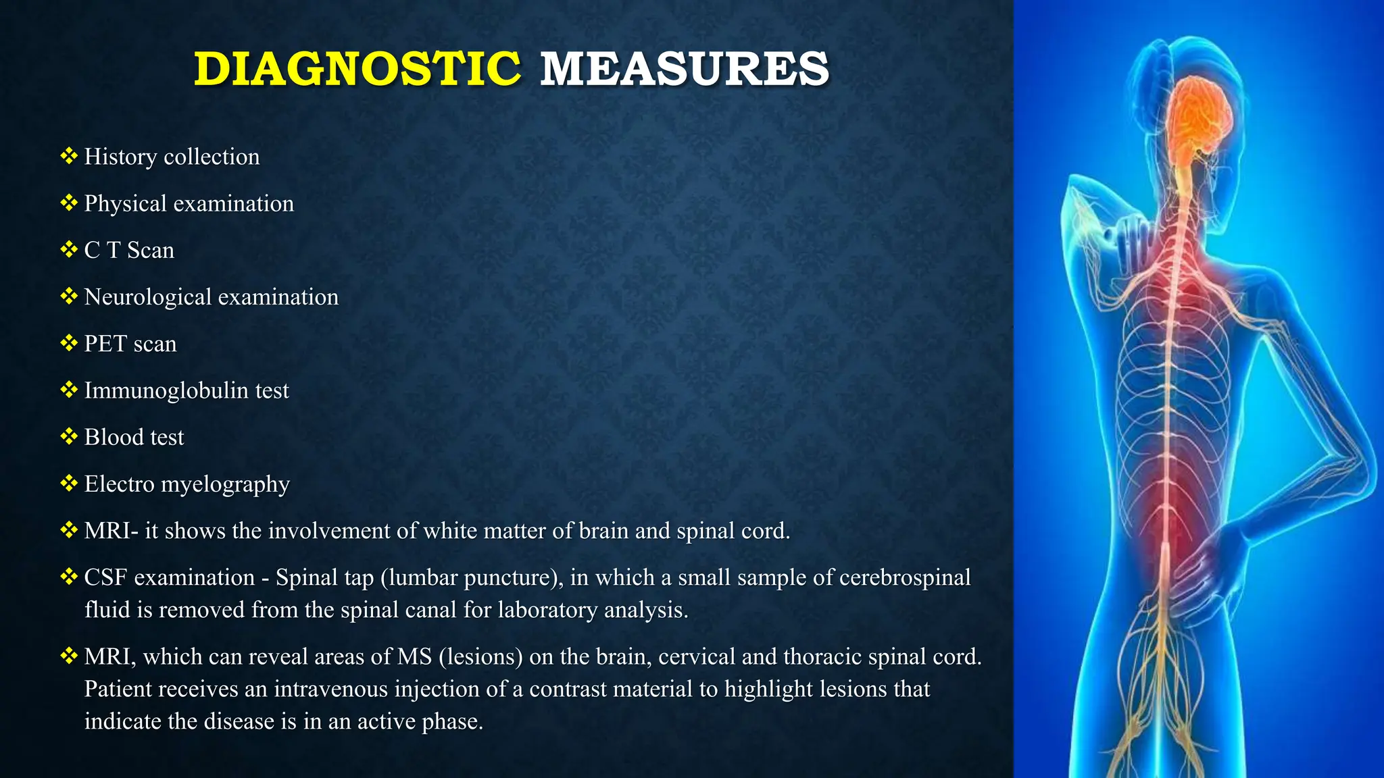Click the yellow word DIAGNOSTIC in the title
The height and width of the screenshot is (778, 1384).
tap(357, 69)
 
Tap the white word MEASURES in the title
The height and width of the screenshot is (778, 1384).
tap(684, 69)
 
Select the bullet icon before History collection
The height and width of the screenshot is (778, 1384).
tap(69, 156)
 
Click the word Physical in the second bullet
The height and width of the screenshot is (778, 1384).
tap(125, 204)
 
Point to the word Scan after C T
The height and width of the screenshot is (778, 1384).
tap(151, 251)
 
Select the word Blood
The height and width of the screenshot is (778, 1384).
tap(114, 437)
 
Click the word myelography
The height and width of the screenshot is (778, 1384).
tap(225, 485)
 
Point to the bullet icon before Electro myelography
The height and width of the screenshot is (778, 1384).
tap(69, 483)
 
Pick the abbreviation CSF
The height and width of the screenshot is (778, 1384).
tap(106, 577)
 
